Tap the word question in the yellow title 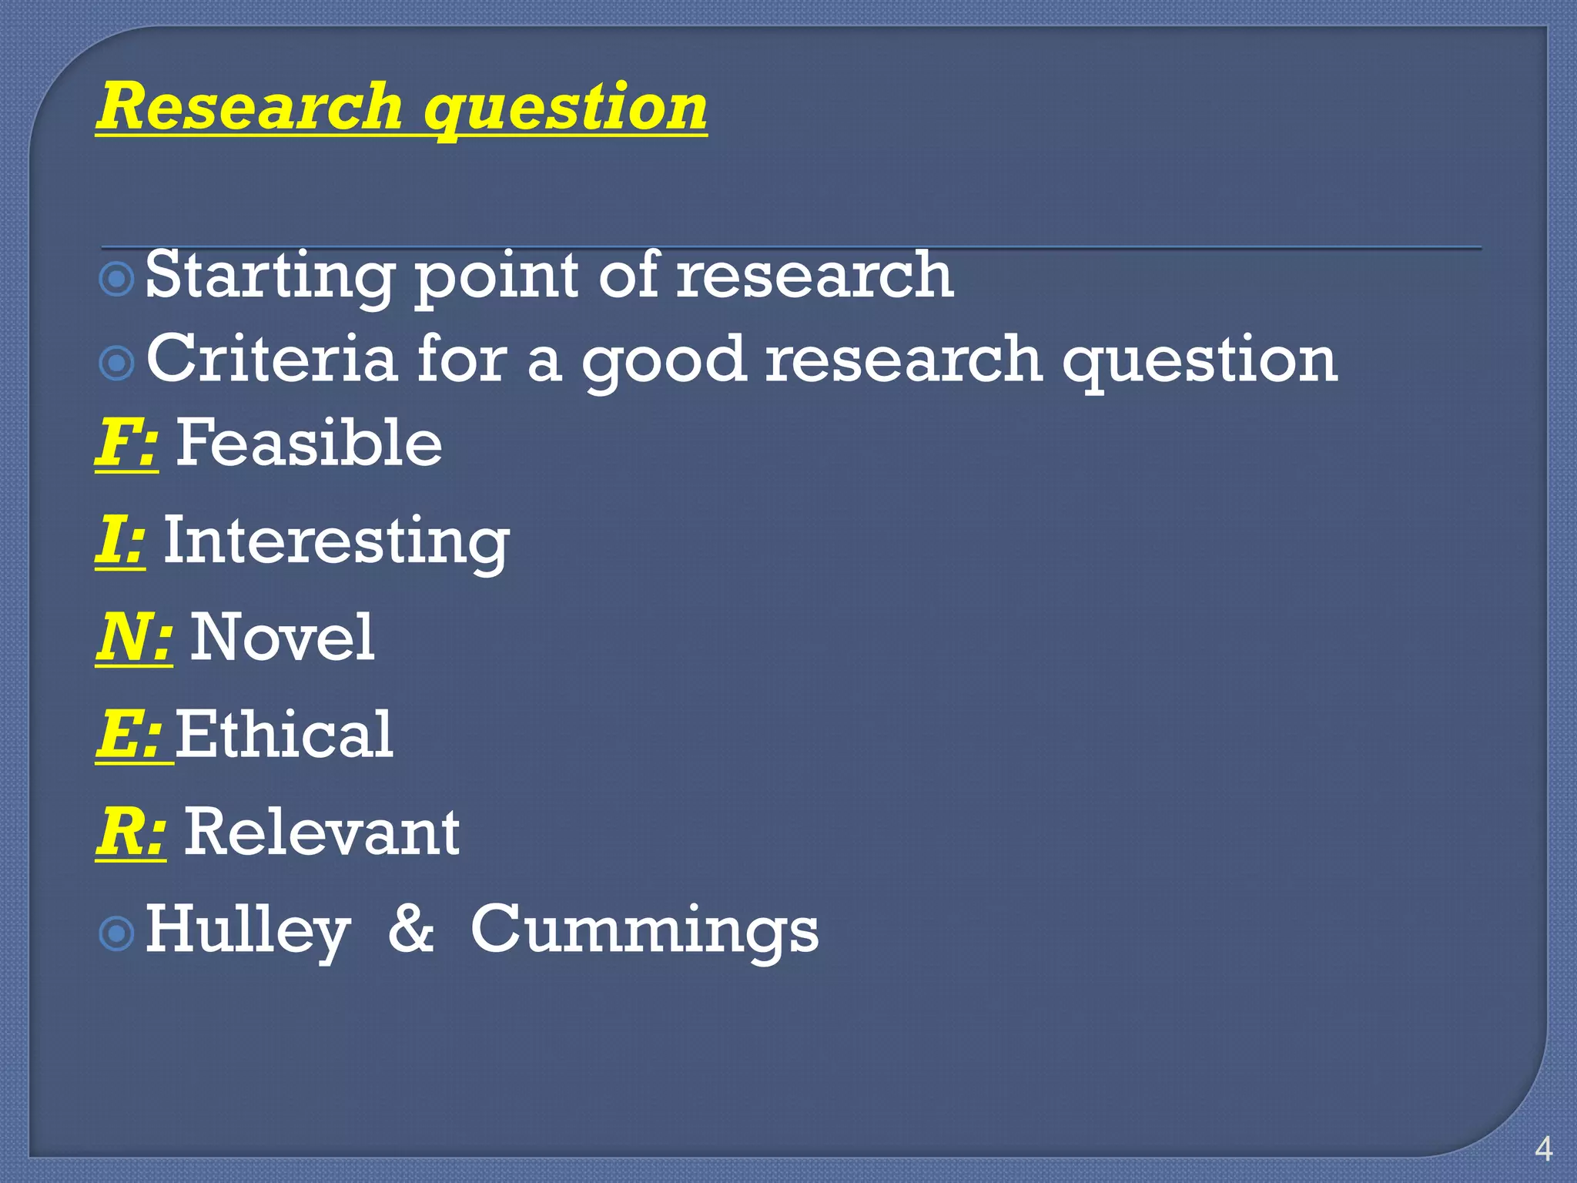point(565,109)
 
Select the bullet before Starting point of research point(117,279)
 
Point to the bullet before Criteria point(117,362)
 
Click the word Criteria point(271,359)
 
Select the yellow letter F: point(126,443)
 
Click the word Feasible point(309,443)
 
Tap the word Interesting point(336,541)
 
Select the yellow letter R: point(130,832)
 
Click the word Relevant point(322,832)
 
